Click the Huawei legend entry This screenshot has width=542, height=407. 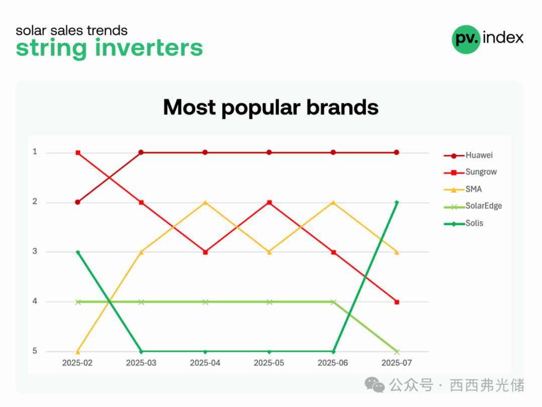[x=468, y=155]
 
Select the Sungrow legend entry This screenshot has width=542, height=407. [x=470, y=172]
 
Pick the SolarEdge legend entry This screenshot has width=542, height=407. [x=473, y=206]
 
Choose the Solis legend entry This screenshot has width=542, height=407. [x=464, y=223]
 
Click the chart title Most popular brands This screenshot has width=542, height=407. [x=270, y=108]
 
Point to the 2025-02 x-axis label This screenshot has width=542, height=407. [x=77, y=363]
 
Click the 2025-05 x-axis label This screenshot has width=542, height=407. [x=269, y=363]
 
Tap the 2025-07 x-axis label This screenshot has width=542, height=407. [x=396, y=363]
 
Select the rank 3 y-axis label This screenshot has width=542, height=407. [x=35, y=251]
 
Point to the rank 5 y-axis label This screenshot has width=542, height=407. [x=35, y=351]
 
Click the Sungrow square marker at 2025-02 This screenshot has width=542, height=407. [x=78, y=153]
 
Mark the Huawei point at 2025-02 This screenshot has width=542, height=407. [x=78, y=202]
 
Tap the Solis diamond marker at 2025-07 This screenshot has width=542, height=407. [x=397, y=202]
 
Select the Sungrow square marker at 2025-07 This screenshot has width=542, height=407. [x=397, y=302]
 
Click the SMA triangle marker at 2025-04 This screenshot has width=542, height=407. [x=205, y=202]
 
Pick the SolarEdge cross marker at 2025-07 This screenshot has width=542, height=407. [x=397, y=352]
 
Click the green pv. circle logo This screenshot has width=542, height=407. [x=466, y=40]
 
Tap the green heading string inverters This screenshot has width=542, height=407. [x=109, y=48]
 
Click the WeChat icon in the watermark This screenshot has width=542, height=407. [x=374, y=385]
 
